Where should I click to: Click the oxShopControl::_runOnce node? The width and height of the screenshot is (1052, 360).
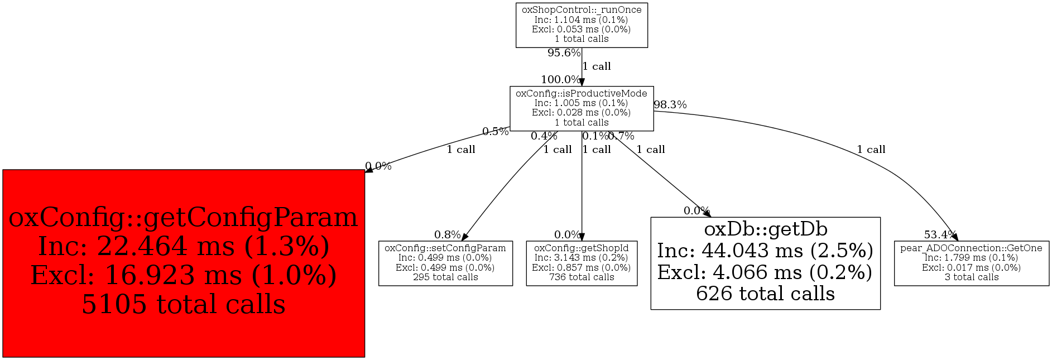pyautogui.click(x=582, y=25)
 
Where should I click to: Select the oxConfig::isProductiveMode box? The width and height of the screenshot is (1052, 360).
pyautogui.click(x=582, y=108)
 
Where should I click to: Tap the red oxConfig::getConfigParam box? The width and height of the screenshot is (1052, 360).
pyautogui.click(x=184, y=263)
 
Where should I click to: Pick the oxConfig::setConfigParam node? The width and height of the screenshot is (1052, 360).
pyautogui.click(x=445, y=263)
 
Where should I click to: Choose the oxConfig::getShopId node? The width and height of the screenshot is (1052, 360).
pyautogui.click(x=582, y=263)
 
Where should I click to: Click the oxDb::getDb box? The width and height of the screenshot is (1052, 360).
pyautogui.click(x=765, y=263)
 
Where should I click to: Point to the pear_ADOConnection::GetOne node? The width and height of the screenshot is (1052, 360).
pyautogui.click(x=971, y=263)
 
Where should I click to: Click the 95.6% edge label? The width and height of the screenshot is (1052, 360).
pyautogui.click(x=564, y=53)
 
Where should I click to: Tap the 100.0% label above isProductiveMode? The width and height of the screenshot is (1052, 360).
pyautogui.click(x=560, y=80)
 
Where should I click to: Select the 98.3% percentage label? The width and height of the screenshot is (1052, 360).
pyautogui.click(x=670, y=105)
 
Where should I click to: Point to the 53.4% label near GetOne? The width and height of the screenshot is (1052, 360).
pyautogui.click(x=940, y=235)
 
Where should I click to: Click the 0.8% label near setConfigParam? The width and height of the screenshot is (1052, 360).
pyautogui.click(x=447, y=235)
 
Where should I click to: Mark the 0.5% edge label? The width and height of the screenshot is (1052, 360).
pyautogui.click(x=495, y=132)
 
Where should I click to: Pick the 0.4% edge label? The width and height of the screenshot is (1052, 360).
pyautogui.click(x=544, y=136)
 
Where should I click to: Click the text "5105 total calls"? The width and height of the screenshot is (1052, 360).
pyautogui.click(x=184, y=305)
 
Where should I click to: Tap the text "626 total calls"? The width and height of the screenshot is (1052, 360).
pyautogui.click(x=765, y=294)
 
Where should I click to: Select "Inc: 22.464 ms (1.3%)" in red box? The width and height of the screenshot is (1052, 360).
pyautogui.click(x=184, y=247)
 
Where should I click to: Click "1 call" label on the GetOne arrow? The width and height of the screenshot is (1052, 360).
pyautogui.click(x=871, y=150)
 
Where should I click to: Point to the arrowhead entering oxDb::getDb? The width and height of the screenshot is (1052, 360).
pyautogui.click(x=708, y=214)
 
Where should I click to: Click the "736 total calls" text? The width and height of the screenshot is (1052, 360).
pyautogui.click(x=582, y=277)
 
